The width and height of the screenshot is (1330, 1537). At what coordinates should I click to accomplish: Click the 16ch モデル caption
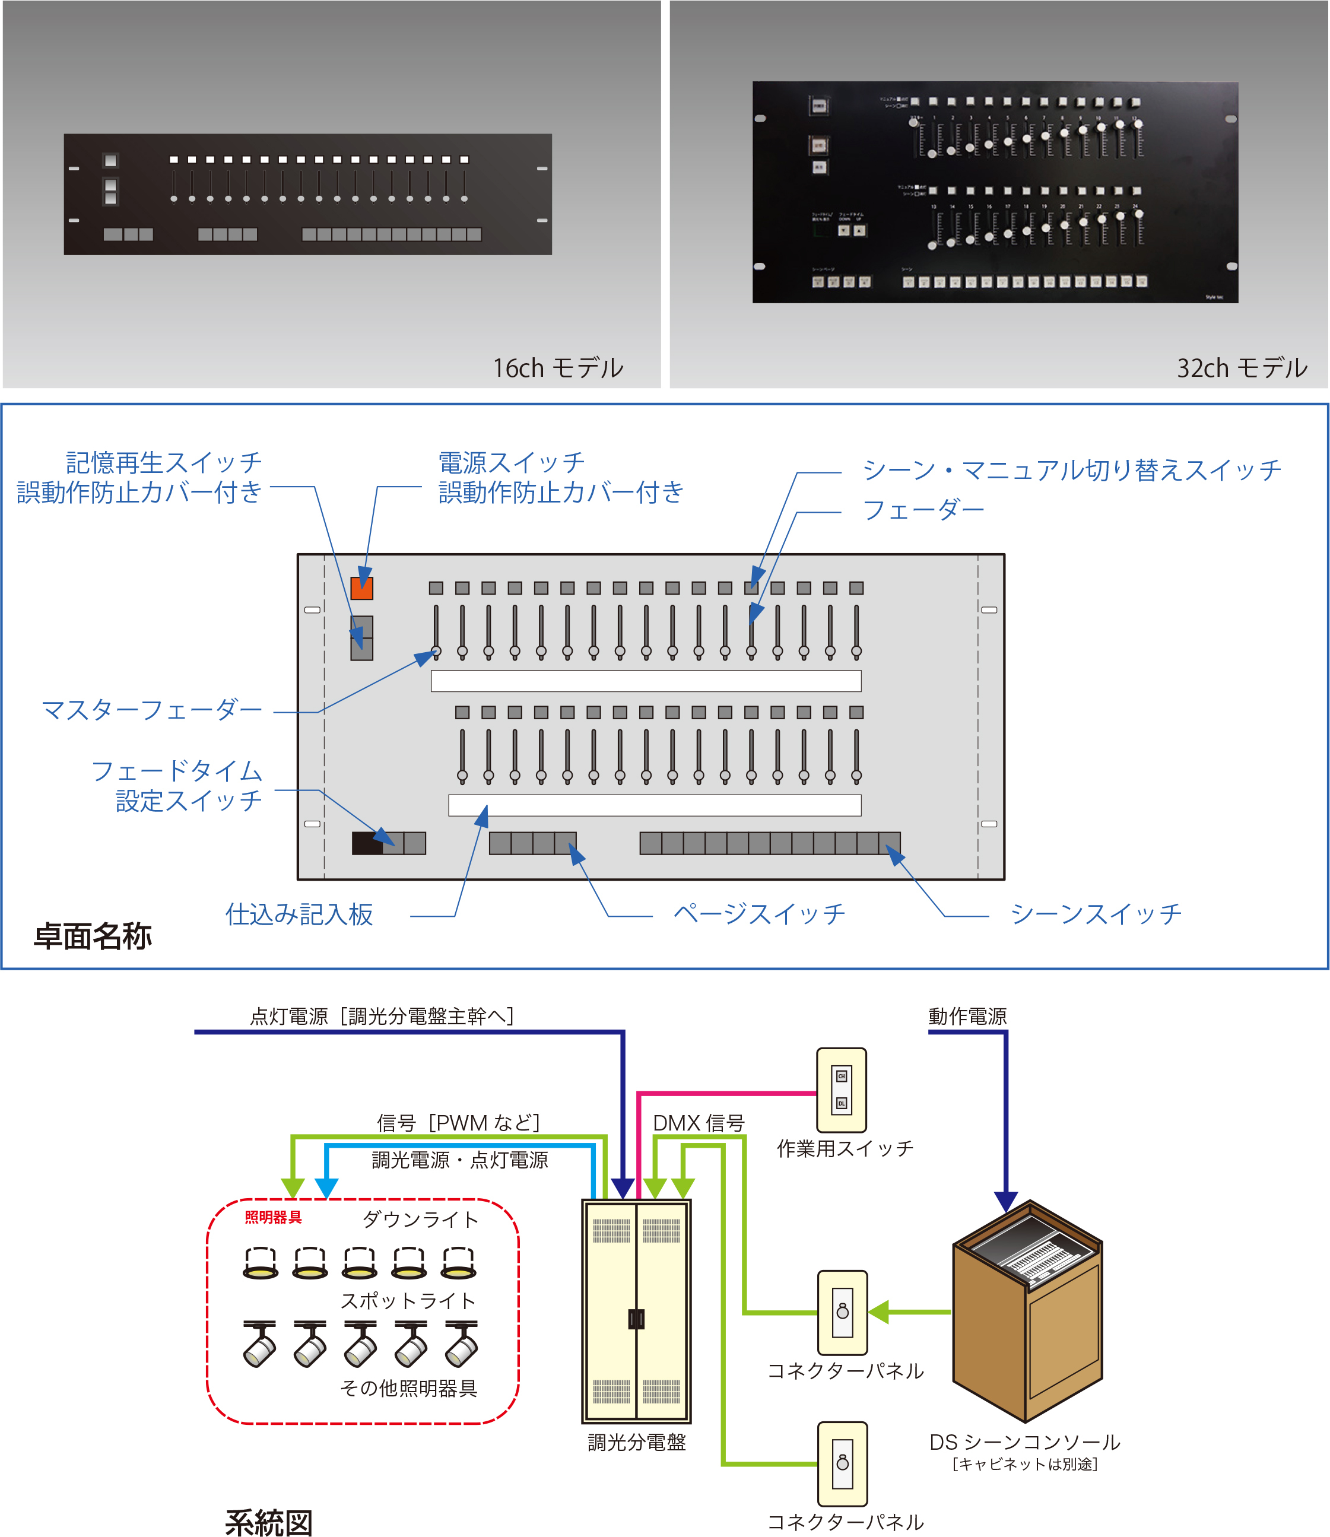click(x=558, y=368)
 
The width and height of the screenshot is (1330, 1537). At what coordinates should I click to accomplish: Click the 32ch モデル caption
click(x=1242, y=368)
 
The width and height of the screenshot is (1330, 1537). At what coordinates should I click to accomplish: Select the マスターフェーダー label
click(x=151, y=710)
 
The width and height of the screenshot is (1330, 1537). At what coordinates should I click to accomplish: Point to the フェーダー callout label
click(x=923, y=510)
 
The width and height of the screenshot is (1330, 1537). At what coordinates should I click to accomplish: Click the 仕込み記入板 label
click(x=299, y=914)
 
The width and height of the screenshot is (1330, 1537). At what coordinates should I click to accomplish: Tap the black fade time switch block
click(x=367, y=843)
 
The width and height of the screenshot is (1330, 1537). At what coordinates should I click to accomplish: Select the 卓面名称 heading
click(x=93, y=936)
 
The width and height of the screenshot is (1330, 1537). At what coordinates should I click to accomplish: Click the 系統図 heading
click(x=269, y=1522)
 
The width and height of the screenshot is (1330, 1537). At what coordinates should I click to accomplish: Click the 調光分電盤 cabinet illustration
click(x=636, y=1311)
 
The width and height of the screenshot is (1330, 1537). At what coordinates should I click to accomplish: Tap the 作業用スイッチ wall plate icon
click(x=841, y=1090)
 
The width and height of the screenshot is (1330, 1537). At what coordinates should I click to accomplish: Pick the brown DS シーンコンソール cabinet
click(x=1027, y=1314)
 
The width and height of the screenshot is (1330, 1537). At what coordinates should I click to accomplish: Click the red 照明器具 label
click(x=273, y=1217)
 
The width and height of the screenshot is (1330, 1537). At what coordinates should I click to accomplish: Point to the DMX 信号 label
click(x=698, y=1123)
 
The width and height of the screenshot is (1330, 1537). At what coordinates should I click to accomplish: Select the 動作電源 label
click(x=967, y=1016)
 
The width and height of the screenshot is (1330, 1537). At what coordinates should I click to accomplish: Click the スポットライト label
click(x=408, y=1300)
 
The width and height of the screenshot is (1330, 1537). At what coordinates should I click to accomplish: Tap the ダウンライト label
click(x=420, y=1220)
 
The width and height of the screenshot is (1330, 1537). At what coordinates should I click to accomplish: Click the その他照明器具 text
click(x=408, y=1388)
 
